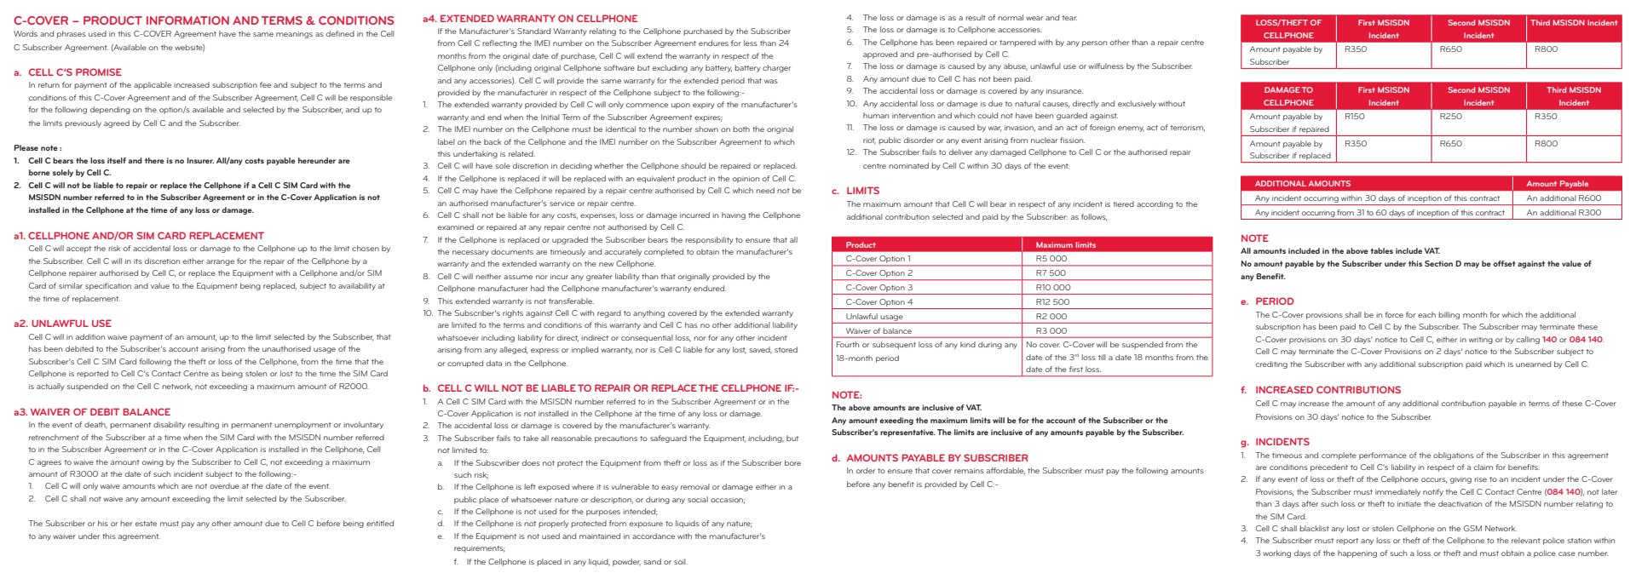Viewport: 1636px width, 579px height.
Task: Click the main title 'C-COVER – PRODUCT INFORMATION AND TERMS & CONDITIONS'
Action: coord(204,20)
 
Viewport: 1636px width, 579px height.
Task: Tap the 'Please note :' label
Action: coord(37,148)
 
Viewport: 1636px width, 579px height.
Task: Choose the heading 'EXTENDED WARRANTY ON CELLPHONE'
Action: coord(538,19)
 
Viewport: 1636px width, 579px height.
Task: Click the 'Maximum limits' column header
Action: coord(1065,244)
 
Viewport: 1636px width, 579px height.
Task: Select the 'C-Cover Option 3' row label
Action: coord(878,288)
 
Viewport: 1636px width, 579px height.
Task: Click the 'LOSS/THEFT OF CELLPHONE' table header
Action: coord(1287,29)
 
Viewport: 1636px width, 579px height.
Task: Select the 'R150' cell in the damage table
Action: coord(1354,117)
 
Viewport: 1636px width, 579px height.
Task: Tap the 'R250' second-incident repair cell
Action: coord(1450,117)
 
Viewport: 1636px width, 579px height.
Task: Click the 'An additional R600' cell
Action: coord(1564,198)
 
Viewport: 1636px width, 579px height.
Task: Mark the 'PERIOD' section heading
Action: coord(1274,301)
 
